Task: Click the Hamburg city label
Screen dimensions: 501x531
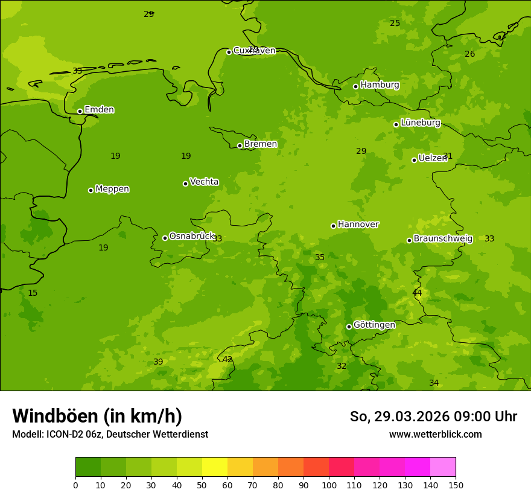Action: click(x=380, y=85)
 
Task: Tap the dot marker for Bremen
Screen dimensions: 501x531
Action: click(x=240, y=145)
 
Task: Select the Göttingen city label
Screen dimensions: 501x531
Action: click(x=374, y=325)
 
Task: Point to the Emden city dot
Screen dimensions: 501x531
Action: click(x=80, y=111)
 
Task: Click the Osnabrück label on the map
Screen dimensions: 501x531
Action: click(x=191, y=237)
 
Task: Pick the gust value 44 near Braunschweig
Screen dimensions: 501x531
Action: click(x=417, y=293)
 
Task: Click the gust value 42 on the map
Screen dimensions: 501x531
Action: click(x=227, y=360)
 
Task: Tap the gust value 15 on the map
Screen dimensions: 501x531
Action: click(x=33, y=293)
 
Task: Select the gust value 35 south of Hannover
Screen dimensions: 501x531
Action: click(x=320, y=258)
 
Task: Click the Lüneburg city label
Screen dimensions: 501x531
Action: click(x=420, y=123)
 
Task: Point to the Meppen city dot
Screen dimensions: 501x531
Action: click(x=91, y=190)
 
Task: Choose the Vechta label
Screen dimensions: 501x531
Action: click(x=204, y=182)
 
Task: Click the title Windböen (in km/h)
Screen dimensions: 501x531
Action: click(x=97, y=416)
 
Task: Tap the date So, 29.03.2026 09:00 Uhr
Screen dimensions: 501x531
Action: click(x=433, y=416)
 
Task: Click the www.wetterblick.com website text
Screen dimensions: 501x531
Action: click(x=435, y=435)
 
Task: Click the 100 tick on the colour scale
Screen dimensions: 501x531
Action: click(x=329, y=485)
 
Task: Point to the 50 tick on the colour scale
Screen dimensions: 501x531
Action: click(x=202, y=485)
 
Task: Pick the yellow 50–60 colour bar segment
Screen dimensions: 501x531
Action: click(x=215, y=467)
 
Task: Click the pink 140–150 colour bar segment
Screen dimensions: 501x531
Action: click(x=443, y=467)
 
